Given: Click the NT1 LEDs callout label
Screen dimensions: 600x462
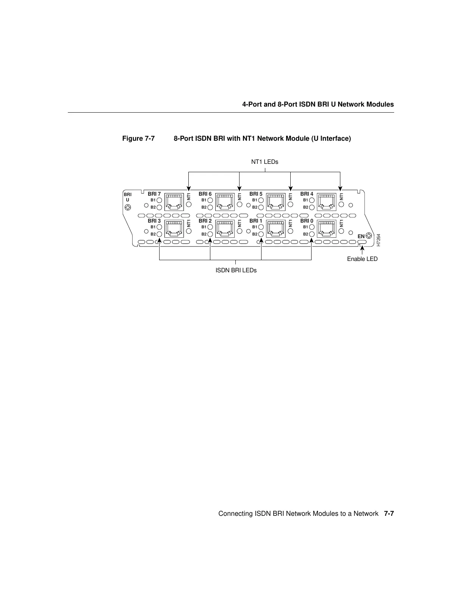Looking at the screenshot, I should click(x=265, y=162).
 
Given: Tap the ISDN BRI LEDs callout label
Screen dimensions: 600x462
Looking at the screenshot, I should click(x=236, y=270).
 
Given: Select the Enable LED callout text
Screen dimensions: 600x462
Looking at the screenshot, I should click(x=362, y=259).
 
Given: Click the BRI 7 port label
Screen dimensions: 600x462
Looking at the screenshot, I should click(x=154, y=194).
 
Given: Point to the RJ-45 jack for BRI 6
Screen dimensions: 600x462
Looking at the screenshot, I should click(x=225, y=202).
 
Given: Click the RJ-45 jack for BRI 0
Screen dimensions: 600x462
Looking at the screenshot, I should click(x=327, y=229).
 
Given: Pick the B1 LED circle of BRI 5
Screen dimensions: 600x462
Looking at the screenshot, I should click(x=261, y=200).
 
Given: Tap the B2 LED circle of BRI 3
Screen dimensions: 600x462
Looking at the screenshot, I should click(x=159, y=234).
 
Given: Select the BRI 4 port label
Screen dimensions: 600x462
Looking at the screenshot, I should click(x=307, y=194).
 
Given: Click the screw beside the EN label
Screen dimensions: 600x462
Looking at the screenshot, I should click(x=369, y=236).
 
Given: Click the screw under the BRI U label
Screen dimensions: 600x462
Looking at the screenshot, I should click(x=128, y=207).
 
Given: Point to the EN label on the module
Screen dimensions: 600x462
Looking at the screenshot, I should click(x=361, y=236).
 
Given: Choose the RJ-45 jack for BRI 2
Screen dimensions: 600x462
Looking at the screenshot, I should click(x=225, y=229).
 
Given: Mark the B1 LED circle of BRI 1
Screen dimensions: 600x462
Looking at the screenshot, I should click(x=261, y=227).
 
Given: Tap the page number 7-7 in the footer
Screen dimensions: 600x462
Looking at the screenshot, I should click(x=389, y=514).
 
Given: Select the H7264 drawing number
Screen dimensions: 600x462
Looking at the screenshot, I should click(x=378, y=240).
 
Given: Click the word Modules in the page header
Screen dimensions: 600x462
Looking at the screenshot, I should click(x=381, y=104).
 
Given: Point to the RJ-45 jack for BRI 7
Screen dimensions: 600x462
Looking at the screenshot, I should click(x=174, y=202).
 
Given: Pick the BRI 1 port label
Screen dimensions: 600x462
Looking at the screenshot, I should click(x=256, y=221).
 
